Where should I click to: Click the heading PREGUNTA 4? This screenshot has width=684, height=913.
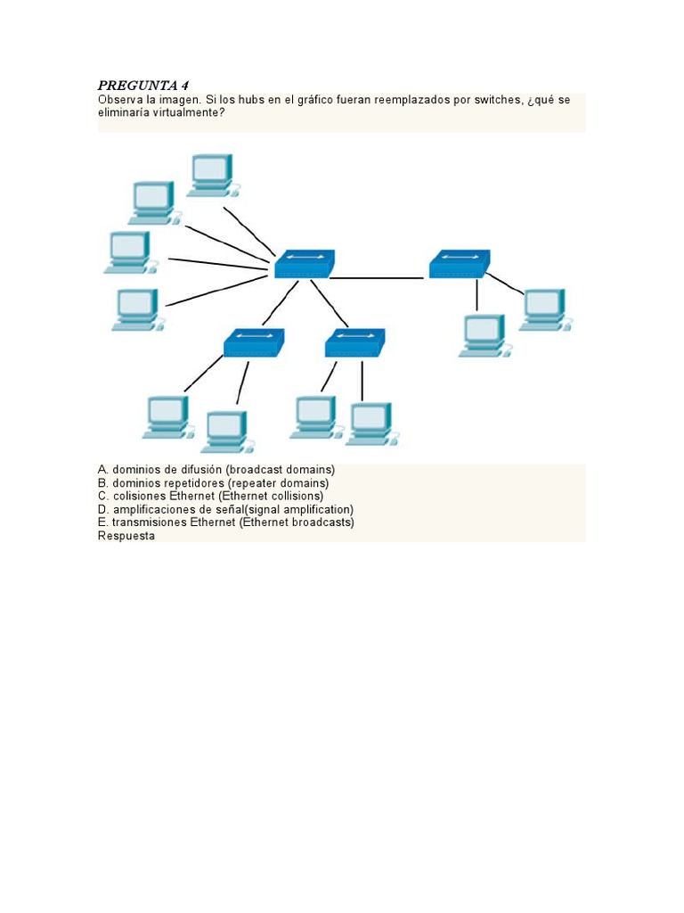[x=142, y=86]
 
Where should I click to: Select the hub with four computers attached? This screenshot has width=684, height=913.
[x=304, y=264]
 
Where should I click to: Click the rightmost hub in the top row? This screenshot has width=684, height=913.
[x=459, y=264]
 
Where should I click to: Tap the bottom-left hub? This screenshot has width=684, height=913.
[x=253, y=342]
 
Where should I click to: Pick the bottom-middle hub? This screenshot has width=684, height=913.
[x=354, y=342]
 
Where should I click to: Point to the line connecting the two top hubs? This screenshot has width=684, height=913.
[x=379, y=278]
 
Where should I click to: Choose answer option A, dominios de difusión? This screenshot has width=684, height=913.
[x=216, y=469]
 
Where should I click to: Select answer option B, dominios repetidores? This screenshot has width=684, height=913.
[x=213, y=482]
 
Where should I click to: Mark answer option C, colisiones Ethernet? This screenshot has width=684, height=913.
[x=211, y=496]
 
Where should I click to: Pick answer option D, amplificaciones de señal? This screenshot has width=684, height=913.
[x=225, y=509]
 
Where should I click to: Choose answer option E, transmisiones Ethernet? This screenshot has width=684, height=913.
[x=225, y=522]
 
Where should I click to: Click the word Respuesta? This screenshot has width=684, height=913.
[x=126, y=536]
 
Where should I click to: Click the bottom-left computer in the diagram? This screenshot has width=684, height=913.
[x=167, y=416]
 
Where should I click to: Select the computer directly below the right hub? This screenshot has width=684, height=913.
[x=484, y=335]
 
